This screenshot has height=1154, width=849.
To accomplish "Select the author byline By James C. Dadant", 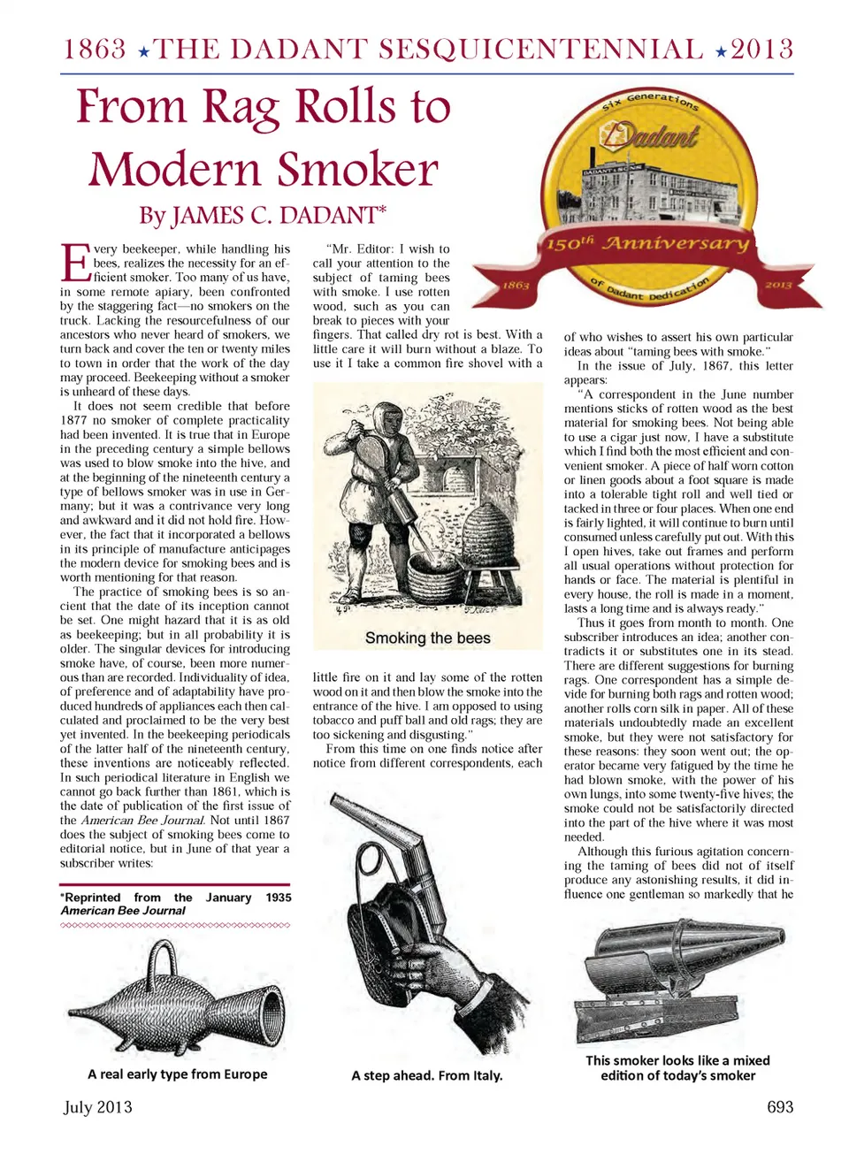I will pyautogui.click(x=263, y=215).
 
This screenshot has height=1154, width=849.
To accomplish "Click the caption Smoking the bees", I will pyautogui.click(x=427, y=638).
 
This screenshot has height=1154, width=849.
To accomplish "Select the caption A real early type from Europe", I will pyautogui.click(x=177, y=1074).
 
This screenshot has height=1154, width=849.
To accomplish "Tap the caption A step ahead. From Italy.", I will pyautogui.click(x=426, y=1075).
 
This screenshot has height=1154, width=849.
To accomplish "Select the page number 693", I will pyautogui.click(x=779, y=1106).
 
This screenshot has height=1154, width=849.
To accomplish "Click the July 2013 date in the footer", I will pyautogui.click(x=97, y=1106).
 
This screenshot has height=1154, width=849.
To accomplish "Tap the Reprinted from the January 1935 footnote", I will pyautogui.click(x=175, y=903).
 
